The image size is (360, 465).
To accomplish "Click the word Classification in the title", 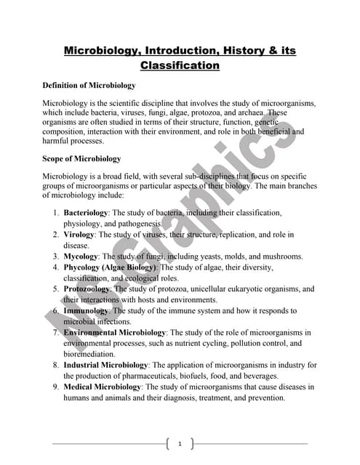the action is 180,65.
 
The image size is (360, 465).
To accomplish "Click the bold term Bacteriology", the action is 86,212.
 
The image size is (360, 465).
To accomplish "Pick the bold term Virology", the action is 79,235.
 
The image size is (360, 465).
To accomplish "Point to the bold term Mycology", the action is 81,256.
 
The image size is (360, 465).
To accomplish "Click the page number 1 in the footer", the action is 180,442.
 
